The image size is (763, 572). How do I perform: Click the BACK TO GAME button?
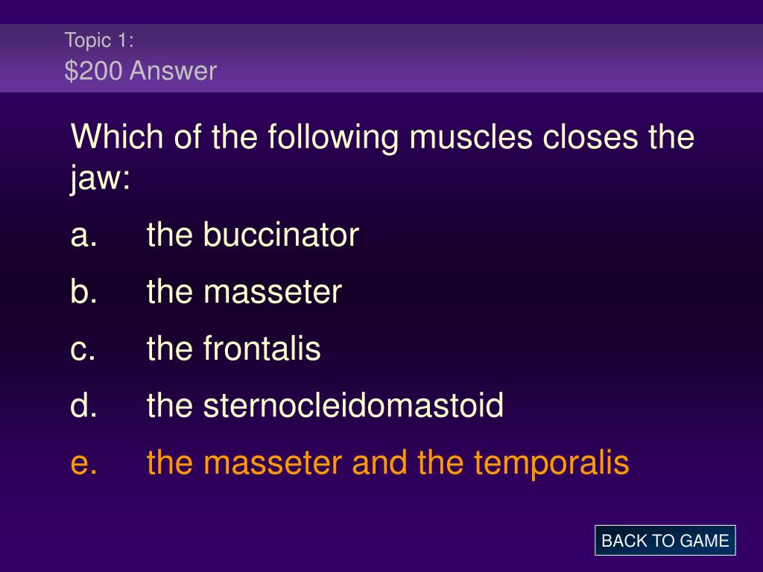665,541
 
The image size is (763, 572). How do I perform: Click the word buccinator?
281,235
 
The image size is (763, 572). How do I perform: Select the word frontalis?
262,349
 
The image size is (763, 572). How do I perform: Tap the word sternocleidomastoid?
353,405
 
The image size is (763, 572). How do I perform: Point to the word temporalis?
551,463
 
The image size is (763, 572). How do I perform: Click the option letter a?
83,236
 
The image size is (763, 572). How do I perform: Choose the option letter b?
83,291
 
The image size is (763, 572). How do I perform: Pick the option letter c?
83,350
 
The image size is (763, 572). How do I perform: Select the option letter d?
83,405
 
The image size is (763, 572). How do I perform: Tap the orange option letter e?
83,463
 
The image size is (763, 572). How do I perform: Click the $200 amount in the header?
93,71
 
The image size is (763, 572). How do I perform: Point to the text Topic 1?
99,40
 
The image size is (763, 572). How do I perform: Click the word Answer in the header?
173,71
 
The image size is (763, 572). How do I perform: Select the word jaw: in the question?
101,178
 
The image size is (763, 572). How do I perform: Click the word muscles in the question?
471,137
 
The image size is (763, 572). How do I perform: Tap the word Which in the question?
117,136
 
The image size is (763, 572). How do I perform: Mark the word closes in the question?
590,137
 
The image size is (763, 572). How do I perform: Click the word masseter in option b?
273,292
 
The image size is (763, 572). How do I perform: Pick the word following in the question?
333,138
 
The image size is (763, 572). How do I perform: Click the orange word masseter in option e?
273,463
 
